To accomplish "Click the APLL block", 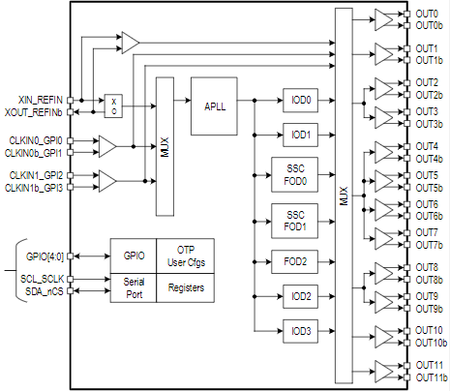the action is (x=214, y=106).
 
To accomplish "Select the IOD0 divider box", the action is (x=300, y=101).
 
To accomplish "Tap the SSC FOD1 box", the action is (x=294, y=221).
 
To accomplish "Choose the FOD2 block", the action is (x=294, y=261).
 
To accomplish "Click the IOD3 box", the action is (x=300, y=331).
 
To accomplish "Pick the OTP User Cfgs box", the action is (x=186, y=256).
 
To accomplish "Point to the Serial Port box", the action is (x=134, y=288).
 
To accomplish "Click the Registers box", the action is (x=186, y=288).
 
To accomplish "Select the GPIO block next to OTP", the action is (x=134, y=256).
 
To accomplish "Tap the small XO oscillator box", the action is (x=113, y=106).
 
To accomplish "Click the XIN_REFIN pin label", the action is (x=41, y=100).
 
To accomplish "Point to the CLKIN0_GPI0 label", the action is (x=36, y=140).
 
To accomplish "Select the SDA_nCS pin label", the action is (x=45, y=291).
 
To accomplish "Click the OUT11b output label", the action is (x=432, y=377).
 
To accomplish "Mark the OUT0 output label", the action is (x=427, y=14).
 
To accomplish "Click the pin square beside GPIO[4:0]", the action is (x=70, y=256).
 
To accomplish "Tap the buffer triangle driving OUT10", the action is (x=384, y=337).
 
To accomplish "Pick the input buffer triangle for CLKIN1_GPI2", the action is (x=107, y=181).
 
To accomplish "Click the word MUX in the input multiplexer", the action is (x=165, y=147).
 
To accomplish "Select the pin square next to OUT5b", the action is (x=407, y=187).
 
